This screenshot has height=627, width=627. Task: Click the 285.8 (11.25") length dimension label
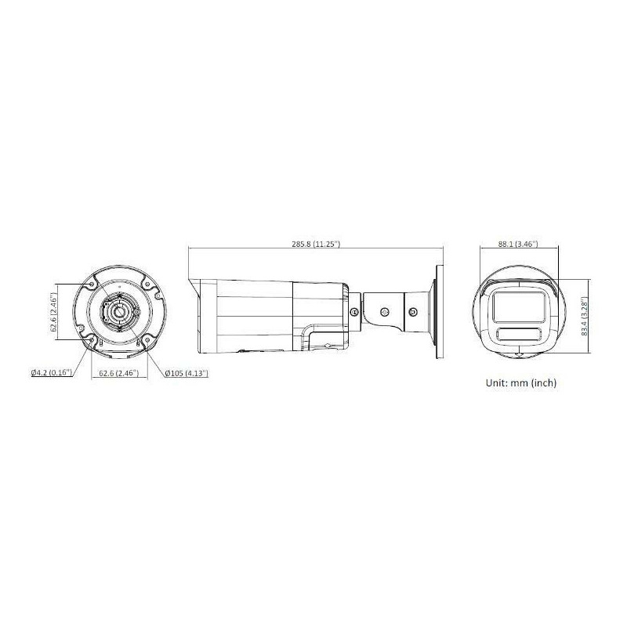click(316, 244)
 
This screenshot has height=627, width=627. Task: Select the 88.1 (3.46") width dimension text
click(518, 244)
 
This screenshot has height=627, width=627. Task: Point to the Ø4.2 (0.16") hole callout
click(52, 373)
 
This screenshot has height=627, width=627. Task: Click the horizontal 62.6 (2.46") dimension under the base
click(119, 373)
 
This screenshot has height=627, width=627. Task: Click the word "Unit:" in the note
click(497, 382)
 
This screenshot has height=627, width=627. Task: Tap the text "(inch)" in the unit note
click(544, 382)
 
